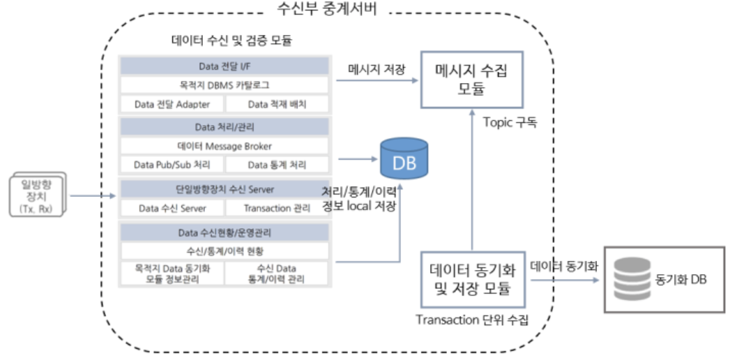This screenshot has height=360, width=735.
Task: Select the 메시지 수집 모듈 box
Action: click(x=472, y=79)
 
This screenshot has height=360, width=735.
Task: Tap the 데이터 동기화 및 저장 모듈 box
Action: click(x=473, y=278)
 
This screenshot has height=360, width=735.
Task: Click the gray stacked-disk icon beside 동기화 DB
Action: click(x=630, y=279)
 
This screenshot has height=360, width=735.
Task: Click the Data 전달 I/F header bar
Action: click(x=224, y=66)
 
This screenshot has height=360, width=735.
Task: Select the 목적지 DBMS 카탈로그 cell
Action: click(x=224, y=85)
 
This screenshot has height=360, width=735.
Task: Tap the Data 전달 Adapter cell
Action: click(x=171, y=104)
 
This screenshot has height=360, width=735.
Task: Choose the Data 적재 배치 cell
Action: click(x=277, y=104)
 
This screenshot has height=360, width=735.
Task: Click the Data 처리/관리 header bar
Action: click(x=224, y=127)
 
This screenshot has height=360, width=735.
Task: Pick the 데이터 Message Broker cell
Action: click(x=224, y=146)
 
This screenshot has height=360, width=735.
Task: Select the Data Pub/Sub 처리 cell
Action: click(x=171, y=165)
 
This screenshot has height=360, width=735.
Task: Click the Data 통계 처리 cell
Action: click(x=277, y=165)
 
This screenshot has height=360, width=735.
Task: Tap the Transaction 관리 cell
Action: click(x=277, y=208)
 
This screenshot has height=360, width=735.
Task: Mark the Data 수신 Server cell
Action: click(x=171, y=208)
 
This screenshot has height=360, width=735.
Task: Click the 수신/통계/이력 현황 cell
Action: click(x=224, y=250)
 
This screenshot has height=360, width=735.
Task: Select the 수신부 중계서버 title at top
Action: click(x=327, y=10)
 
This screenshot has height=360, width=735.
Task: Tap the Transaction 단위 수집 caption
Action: click(x=472, y=320)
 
